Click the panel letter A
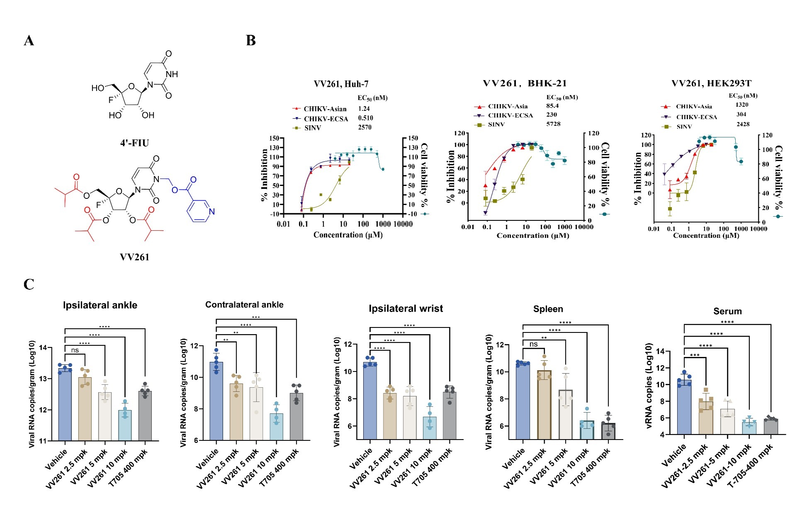(29, 41)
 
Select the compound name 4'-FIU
(134, 143)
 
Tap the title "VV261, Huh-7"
(341, 84)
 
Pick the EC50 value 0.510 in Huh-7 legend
(365, 118)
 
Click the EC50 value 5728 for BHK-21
(553, 124)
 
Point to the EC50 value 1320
(742, 105)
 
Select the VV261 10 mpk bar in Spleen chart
(587, 430)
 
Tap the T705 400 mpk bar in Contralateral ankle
(296, 416)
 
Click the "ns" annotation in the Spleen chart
(533, 345)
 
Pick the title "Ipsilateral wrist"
(406, 309)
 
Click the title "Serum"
(727, 311)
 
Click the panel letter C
(29, 285)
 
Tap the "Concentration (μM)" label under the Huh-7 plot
(348, 235)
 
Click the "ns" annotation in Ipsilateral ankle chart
(75, 350)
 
